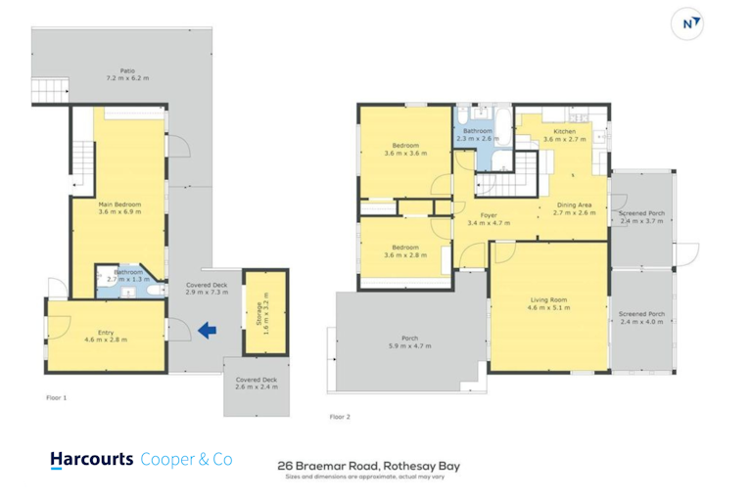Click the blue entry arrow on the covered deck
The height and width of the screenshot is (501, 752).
[208, 331]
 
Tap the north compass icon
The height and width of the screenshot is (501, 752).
[687, 23]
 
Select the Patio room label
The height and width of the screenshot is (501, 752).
[127, 71]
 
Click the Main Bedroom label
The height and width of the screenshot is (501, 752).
[119, 205]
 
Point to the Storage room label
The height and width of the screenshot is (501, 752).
[258, 313]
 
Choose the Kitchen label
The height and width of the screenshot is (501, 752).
[564, 131]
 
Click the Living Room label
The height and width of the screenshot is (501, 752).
[548, 299]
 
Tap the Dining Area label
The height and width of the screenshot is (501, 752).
[574, 205]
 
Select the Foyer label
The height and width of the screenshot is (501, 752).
[489, 215]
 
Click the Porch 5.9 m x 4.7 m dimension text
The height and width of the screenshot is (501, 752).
[409, 345]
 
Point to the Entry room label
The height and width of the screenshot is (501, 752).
[106, 333]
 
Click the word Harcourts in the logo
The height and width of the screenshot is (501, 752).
[92, 459]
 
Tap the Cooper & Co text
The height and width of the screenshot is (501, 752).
[187, 459]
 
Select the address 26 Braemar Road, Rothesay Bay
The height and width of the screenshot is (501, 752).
[369, 466]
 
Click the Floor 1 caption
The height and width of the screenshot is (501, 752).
[57, 397]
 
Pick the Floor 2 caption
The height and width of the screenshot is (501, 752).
[340, 417]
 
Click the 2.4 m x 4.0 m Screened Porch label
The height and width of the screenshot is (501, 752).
[641, 318]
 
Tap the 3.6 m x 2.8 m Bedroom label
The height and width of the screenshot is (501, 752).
[405, 251]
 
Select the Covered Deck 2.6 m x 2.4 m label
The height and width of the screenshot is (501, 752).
[257, 383]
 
